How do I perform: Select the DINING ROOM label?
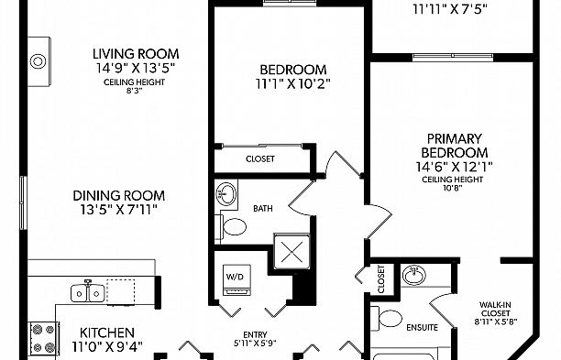pyautogui.click(x=119, y=195)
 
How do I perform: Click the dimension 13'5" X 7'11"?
pyautogui.click(x=119, y=210)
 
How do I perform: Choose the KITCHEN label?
pyautogui.click(x=107, y=332)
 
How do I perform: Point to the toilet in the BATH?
pyautogui.click(x=232, y=226)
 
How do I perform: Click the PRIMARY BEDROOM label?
pyautogui.click(x=454, y=145)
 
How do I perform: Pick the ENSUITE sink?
pyautogui.click(x=413, y=273)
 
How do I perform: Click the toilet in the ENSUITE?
pyautogui.click(x=389, y=320)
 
